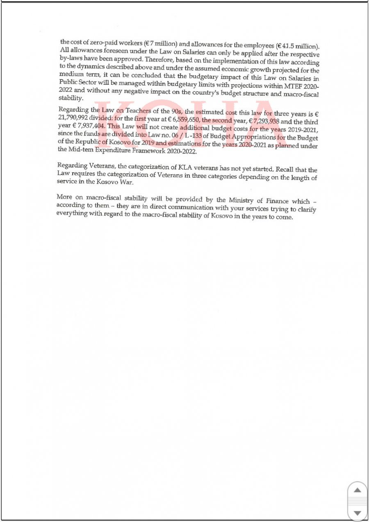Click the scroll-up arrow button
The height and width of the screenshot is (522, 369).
[358, 490]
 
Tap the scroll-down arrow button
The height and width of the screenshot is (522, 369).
[358, 513]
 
